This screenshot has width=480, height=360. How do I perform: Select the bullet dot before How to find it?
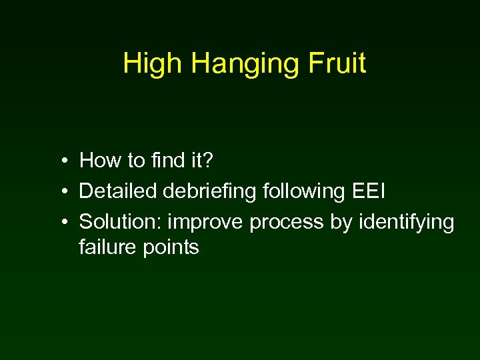point(61,161)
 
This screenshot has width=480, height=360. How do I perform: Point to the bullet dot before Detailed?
point(61,192)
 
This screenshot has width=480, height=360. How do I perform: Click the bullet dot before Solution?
point(61,223)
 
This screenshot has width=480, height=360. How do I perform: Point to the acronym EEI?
point(369,191)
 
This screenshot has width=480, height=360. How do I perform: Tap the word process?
point(287,223)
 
